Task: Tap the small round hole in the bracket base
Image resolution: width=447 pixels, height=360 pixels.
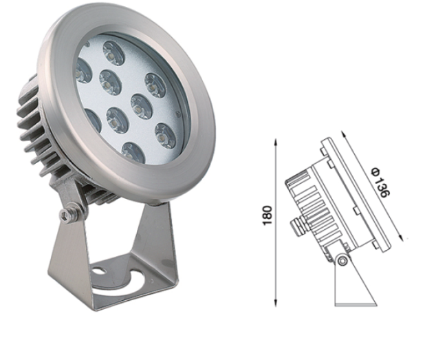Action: click(98, 270)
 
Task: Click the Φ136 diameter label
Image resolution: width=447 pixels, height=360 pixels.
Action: click(380, 183)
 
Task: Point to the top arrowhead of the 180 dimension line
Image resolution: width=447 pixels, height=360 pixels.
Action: click(276, 142)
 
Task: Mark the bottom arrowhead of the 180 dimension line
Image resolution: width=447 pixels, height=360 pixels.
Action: click(276, 303)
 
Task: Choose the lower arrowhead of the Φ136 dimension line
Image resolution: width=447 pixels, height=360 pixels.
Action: click(401, 237)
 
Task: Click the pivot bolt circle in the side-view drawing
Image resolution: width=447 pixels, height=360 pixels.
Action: click(342, 260)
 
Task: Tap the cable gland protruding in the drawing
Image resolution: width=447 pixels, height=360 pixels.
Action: click(298, 226)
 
